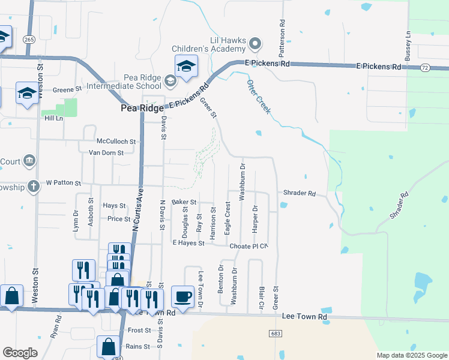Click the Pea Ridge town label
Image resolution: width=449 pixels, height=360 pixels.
click(x=142, y=109)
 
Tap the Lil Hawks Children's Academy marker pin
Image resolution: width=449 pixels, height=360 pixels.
click(x=256, y=43)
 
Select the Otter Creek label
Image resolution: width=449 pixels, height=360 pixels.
click(x=259, y=97)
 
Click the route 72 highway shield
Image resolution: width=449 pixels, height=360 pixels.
click(x=425, y=69)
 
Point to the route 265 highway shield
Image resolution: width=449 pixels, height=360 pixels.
click(x=28, y=39)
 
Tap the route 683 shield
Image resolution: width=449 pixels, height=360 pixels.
click(x=276, y=334)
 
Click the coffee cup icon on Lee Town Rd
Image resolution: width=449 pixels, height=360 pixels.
click(x=182, y=296)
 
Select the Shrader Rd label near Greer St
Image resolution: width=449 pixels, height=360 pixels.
click(x=300, y=193)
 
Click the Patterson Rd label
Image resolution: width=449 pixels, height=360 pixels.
click(x=281, y=30)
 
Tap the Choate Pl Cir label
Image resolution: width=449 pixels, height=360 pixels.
click(x=247, y=246)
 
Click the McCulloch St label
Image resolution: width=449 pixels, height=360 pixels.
click(x=116, y=142)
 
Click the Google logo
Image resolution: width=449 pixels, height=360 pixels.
click(x=20, y=353)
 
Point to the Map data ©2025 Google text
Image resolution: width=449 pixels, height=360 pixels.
click(x=411, y=355)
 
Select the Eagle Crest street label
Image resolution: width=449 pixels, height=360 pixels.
click(x=228, y=218)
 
